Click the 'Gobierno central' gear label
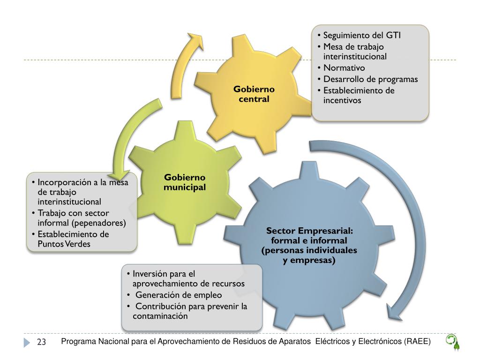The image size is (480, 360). pyautogui.click(x=254, y=94)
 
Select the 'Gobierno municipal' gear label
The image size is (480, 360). pyautogui.click(x=185, y=182)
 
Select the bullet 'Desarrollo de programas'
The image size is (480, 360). pyautogui.click(x=370, y=79)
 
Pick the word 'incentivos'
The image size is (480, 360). pyautogui.click(x=342, y=100)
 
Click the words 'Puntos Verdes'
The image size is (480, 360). pyautogui.click(x=65, y=244)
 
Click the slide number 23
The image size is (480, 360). pyautogui.click(x=41, y=343)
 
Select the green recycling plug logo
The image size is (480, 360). pyautogui.click(x=452, y=342)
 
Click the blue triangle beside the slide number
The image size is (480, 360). pyautogui.click(x=27, y=343)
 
